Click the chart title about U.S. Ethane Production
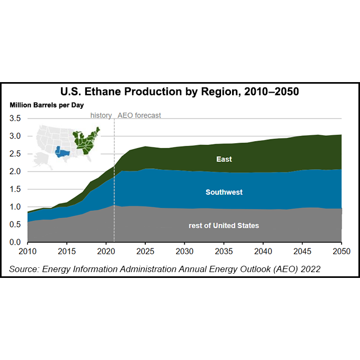pyautogui.click(x=180, y=92)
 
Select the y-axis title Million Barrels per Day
pyautogui.click(x=46, y=105)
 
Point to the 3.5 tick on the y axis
pyautogui.click(x=15, y=118)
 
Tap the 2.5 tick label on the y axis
pyautogui.click(x=15, y=154)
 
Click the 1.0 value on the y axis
pyautogui.click(x=15, y=207)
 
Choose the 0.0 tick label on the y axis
pyautogui.click(x=15, y=242)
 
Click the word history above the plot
pyautogui.click(x=101, y=115)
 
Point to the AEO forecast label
pyautogui.click(x=139, y=115)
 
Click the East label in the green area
pyautogui.click(x=224, y=159)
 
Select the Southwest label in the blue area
pyautogui.click(x=224, y=192)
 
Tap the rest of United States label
pyautogui.click(x=224, y=225)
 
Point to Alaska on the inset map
pyautogui.click(x=42, y=160)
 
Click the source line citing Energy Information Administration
pyautogui.click(x=165, y=269)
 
